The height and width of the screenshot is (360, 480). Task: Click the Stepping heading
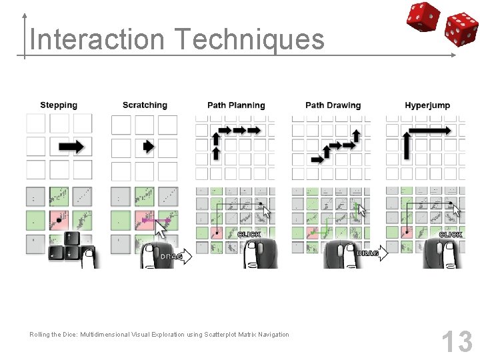tap(59, 105)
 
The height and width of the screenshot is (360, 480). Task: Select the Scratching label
tap(145, 105)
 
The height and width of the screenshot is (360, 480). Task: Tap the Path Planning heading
tap(236, 105)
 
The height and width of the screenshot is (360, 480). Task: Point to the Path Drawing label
tap(333, 105)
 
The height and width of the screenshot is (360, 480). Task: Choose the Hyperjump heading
tap(427, 105)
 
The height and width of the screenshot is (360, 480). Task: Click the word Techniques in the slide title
tap(250, 39)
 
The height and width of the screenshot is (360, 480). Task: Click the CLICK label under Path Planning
tap(248, 234)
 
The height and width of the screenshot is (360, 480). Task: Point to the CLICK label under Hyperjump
tap(450, 234)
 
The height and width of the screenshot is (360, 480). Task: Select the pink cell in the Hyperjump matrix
tap(406, 233)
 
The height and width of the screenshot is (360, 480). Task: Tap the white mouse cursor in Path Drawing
tap(362, 211)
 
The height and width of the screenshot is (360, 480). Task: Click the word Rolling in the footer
tap(40, 334)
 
